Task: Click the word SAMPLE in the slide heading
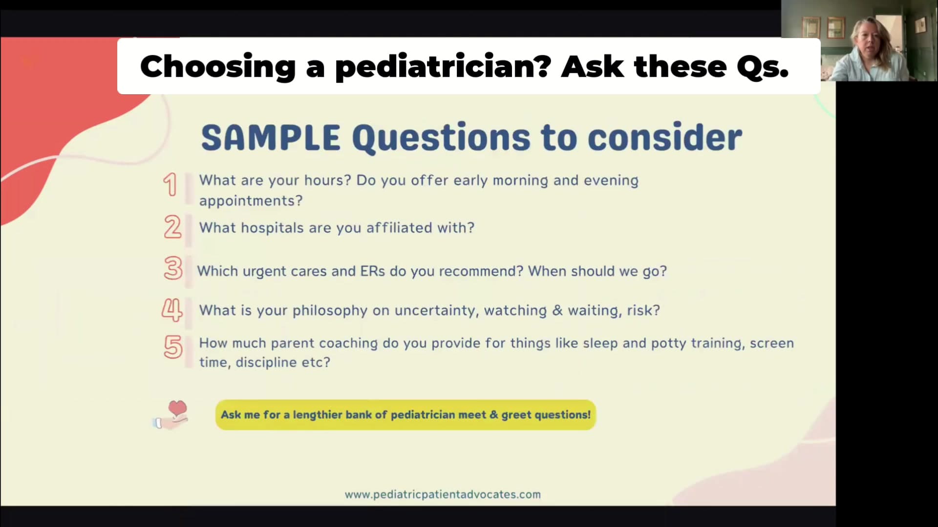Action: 271,138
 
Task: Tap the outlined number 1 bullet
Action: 170,185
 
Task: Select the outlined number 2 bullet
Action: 172,227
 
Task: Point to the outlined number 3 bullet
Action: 173,268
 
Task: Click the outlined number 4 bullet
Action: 172,310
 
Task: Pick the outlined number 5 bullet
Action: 173,347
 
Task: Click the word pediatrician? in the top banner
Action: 443,67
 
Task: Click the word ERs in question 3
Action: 373,271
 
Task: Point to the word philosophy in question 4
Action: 330,311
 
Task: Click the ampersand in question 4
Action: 557,311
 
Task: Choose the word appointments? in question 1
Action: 251,201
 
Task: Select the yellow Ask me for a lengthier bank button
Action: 405,415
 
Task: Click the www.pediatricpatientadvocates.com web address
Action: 443,495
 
